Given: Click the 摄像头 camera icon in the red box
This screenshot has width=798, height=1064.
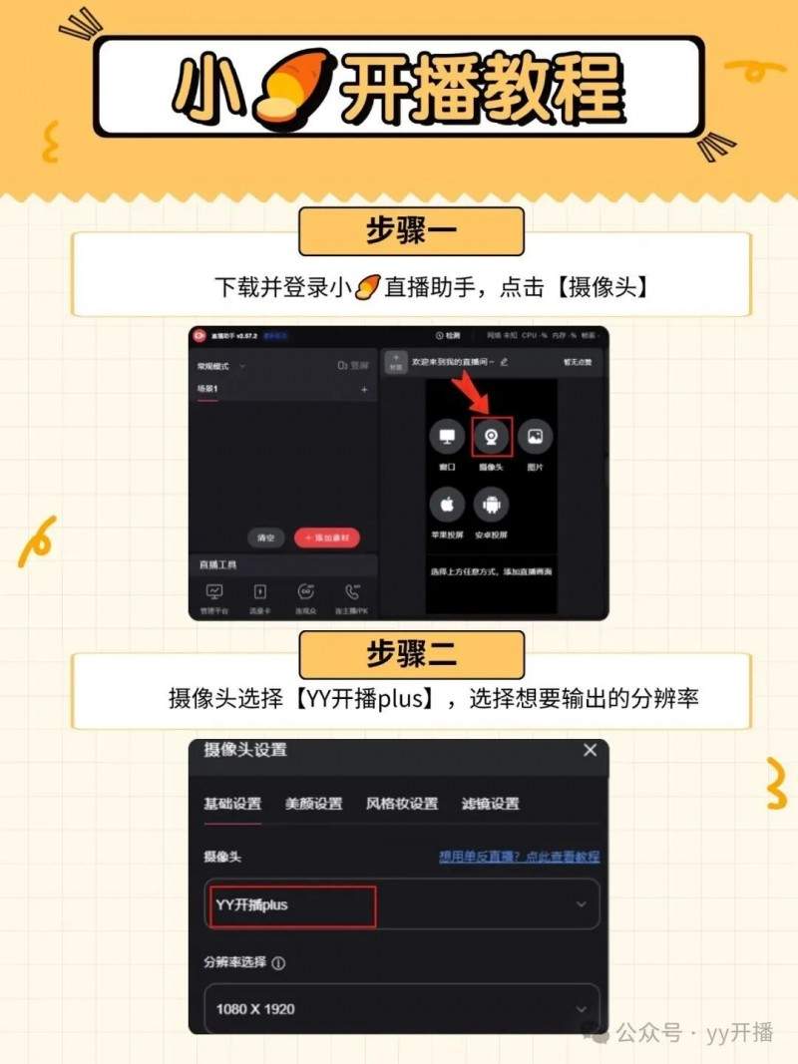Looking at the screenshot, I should click(x=490, y=437).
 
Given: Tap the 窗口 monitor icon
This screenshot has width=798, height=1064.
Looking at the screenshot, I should click(x=447, y=437).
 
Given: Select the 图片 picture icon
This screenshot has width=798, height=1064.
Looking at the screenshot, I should click(x=535, y=437).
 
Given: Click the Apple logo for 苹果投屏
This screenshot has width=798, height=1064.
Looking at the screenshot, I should click(x=447, y=505).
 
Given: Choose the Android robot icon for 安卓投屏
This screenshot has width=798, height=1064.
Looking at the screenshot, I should click(x=490, y=505).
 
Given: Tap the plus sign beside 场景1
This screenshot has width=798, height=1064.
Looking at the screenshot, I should click(x=364, y=389).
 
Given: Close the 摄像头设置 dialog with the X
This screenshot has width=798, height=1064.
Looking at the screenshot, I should click(x=590, y=750).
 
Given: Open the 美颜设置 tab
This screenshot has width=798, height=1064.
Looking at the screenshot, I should click(x=313, y=804).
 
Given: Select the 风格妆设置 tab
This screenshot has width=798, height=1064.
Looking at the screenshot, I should click(x=401, y=804).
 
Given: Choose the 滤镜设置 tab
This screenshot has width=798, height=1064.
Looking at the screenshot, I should click(x=490, y=804).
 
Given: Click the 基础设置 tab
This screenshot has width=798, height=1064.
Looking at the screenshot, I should click(x=232, y=804).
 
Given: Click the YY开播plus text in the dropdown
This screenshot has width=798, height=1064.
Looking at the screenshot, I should click(x=251, y=904).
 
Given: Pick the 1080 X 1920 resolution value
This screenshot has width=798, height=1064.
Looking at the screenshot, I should click(x=255, y=1009).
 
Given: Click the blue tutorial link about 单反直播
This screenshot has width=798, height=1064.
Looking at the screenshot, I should click(x=519, y=857).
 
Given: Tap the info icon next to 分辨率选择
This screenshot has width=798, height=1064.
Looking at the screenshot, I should click(x=278, y=964).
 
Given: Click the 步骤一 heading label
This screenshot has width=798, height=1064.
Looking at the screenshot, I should click(x=410, y=232).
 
